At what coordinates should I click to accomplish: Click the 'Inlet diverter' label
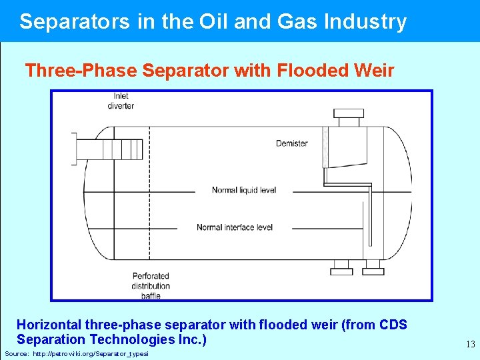tap(121, 101)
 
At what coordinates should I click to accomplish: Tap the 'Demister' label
tap(292, 143)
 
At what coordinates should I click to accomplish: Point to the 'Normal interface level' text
tap(235, 227)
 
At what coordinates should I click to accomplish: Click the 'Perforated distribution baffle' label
tap(151, 285)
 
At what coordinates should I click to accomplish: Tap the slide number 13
tap(471, 345)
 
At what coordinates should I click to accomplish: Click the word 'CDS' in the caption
tap(393, 325)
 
